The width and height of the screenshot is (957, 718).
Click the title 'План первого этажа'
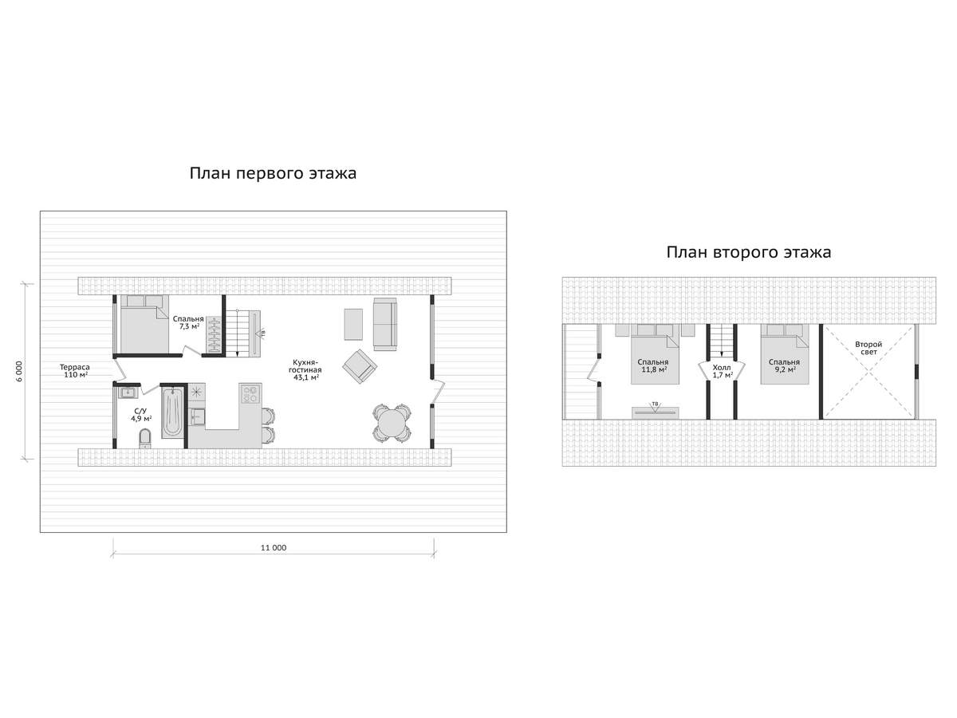(273, 173)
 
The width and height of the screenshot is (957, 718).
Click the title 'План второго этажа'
(748, 252)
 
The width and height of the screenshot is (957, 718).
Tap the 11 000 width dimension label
(274, 547)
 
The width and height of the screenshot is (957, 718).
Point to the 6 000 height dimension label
(19, 372)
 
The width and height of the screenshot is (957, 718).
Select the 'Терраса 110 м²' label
(75, 371)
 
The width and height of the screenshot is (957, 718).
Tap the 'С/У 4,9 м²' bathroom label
(141, 415)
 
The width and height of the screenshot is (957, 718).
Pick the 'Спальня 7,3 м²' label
(188, 322)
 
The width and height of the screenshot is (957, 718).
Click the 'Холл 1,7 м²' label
(722, 371)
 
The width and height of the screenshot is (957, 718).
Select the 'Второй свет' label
(868, 348)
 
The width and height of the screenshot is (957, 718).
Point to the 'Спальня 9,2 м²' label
(784, 365)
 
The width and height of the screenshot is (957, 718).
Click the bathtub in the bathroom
(172, 412)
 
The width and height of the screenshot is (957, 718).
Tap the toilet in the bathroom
(145, 438)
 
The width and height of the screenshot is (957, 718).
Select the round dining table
(392, 424)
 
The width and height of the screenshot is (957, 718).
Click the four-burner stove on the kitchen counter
(250, 394)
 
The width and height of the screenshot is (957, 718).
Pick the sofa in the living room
(385, 324)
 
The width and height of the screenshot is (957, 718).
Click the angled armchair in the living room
(360, 366)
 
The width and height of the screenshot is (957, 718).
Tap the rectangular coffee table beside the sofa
(353, 324)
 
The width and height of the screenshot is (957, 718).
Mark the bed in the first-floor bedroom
(144, 324)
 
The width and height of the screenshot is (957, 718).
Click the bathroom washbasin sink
(128, 393)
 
